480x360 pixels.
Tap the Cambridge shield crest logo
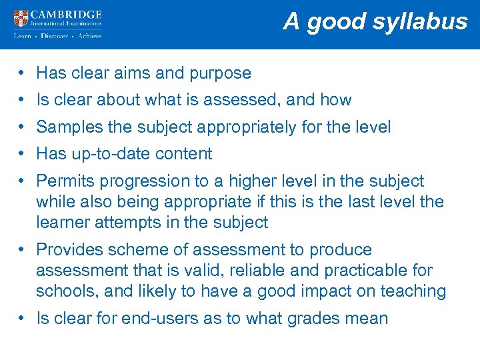21,18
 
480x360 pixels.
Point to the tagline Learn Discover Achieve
57,36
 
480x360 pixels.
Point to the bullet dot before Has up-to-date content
22,154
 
